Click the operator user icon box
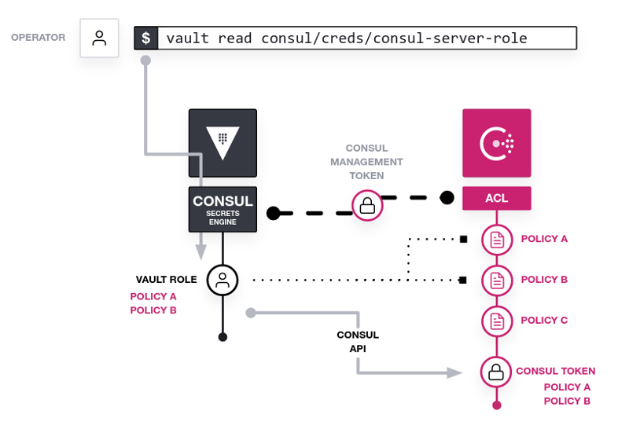coord(99,38)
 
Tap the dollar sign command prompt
coord(146,38)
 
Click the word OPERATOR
coord(38,38)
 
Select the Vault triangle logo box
coord(223,143)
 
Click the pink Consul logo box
coord(497,143)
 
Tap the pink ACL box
coord(497,198)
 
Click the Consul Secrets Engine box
coord(223,209)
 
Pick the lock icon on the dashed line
coord(367,206)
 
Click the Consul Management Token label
coord(366,162)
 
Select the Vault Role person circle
coord(223,280)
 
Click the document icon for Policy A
coord(497,240)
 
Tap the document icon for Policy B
coord(497,280)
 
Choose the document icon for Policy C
coord(497,321)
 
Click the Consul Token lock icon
coord(496,372)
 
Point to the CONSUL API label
coord(358,342)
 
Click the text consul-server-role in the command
coord(450,38)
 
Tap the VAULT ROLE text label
coord(166,280)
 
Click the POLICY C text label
coord(544,321)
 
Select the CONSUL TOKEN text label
coord(556,371)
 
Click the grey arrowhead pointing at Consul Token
coord(454,373)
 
